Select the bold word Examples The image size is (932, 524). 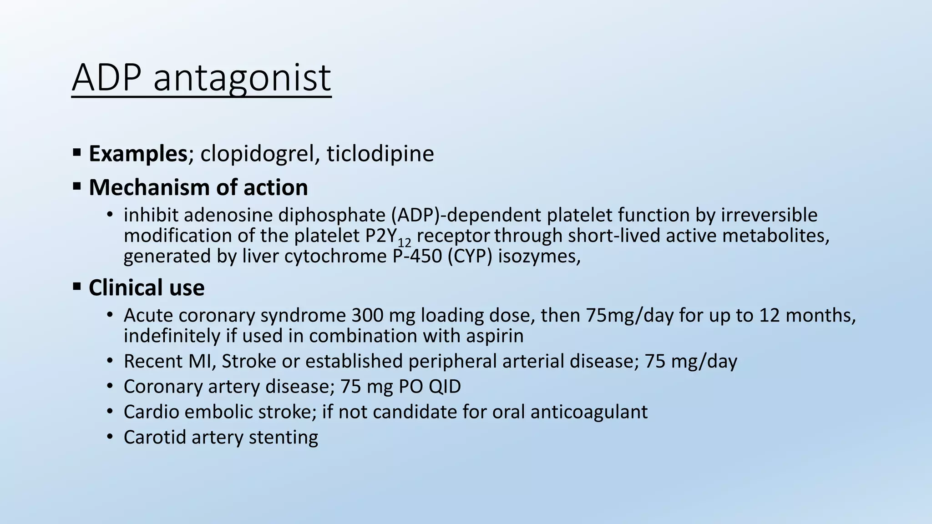138,154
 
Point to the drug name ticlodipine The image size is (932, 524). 380,154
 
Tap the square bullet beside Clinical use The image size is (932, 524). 77,287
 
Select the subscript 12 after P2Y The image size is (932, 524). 404,242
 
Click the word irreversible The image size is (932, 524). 769,215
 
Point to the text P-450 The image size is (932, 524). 417,256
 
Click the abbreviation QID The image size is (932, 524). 445,387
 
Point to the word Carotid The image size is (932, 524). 155,437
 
